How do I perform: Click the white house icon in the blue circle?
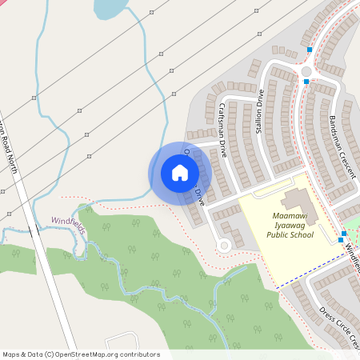coord(180,172)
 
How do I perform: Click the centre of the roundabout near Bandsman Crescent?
coord(305,70)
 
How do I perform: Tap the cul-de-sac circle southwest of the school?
coord(225,245)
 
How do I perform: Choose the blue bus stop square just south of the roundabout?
coord(306,82)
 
